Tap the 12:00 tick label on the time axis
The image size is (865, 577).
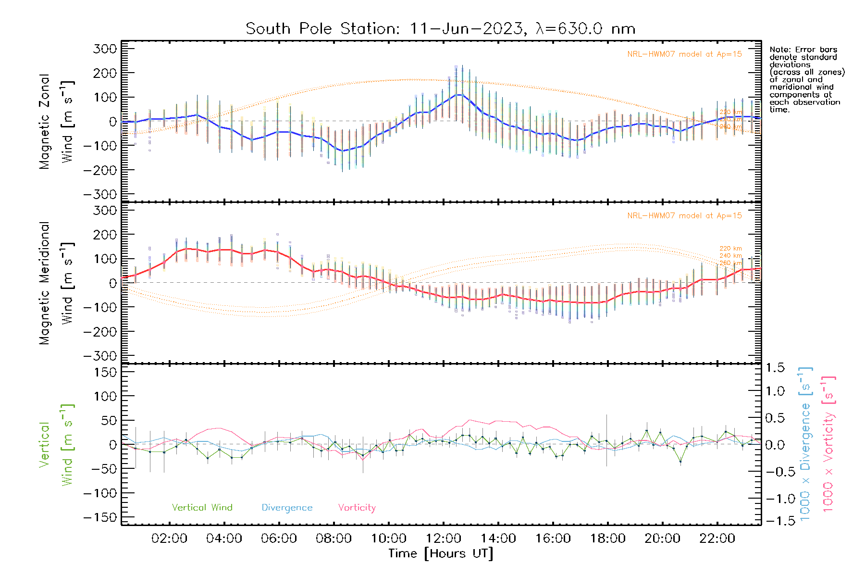click(x=444, y=539)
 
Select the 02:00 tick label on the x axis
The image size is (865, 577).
click(x=169, y=539)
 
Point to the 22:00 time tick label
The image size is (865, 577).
click(x=717, y=539)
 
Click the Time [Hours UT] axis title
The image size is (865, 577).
click(x=440, y=554)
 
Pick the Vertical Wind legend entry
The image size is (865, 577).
click(x=202, y=508)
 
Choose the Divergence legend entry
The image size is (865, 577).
click(x=287, y=508)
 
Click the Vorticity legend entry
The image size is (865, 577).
click(x=357, y=508)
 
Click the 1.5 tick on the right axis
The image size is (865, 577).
click(x=775, y=368)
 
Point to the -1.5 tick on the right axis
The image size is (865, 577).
click(x=775, y=521)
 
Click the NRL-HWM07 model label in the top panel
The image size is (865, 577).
click(x=684, y=54)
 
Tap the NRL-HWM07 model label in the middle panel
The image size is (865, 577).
click(x=684, y=216)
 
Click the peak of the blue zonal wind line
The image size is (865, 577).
click(x=460, y=95)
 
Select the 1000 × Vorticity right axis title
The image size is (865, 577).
click(x=828, y=444)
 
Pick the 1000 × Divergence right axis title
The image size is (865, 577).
click(x=805, y=444)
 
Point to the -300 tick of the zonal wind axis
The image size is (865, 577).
click(x=100, y=194)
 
